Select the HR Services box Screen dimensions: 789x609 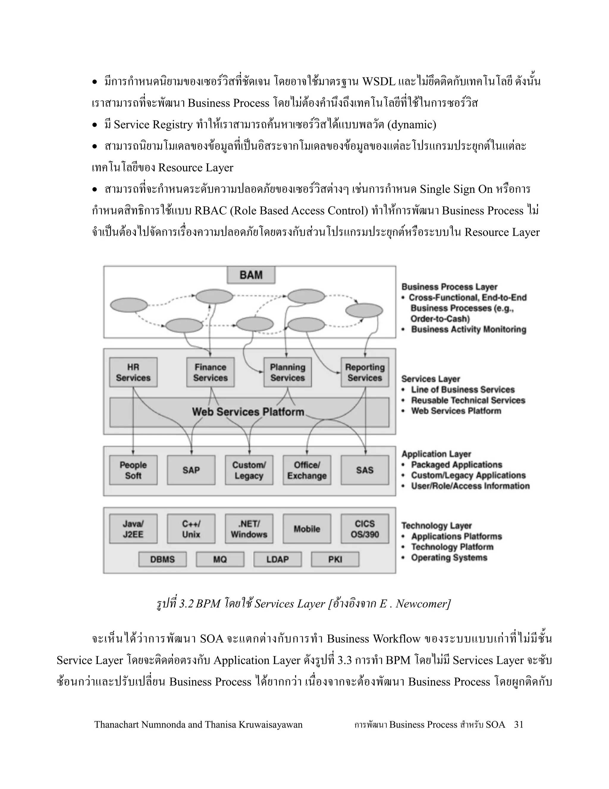(x=133, y=372)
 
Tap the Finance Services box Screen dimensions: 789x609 (x=210, y=372)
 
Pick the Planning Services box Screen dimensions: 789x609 (x=288, y=372)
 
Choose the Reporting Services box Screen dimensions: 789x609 (x=365, y=372)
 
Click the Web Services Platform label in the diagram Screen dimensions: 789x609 (x=248, y=412)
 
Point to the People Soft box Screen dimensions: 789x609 (x=133, y=470)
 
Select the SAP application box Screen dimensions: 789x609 (x=191, y=470)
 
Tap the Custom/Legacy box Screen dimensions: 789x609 (x=249, y=470)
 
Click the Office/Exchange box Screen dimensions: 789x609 (x=307, y=470)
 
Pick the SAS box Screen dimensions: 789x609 (x=365, y=470)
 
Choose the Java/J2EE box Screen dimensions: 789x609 (x=133, y=529)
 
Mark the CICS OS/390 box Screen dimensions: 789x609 (x=365, y=529)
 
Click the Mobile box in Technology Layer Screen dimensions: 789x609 (x=307, y=529)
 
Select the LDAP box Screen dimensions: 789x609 (x=277, y=559)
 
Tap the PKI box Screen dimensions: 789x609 (x=335, y=559)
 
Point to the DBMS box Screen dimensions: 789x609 (x=162, y=559)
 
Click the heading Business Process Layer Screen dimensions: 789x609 (x=449, y=287)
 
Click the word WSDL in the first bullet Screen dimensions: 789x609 (x=379, y=82)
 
